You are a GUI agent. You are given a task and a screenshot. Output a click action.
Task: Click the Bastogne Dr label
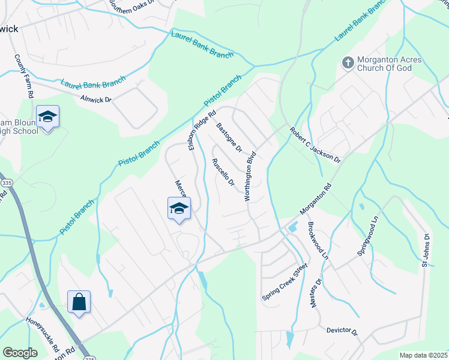click(228, 137)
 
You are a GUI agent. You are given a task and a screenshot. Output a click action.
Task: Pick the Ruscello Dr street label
click(222, 172)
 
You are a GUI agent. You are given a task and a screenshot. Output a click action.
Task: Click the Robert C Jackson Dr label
click(315, 145)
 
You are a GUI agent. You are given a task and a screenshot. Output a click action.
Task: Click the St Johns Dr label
click(426, 250)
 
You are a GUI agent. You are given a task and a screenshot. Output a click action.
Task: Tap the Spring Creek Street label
click(285, 282)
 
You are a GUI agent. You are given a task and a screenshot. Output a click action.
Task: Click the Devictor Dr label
click(342, 331)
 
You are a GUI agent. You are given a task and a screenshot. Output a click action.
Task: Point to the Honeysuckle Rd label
click(42, 334)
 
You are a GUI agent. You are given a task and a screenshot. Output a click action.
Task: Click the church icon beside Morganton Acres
click(347, 62)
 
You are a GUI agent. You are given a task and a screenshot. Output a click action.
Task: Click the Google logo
click(20, 352)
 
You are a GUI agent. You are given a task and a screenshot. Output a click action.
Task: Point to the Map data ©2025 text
click(423, 355)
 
